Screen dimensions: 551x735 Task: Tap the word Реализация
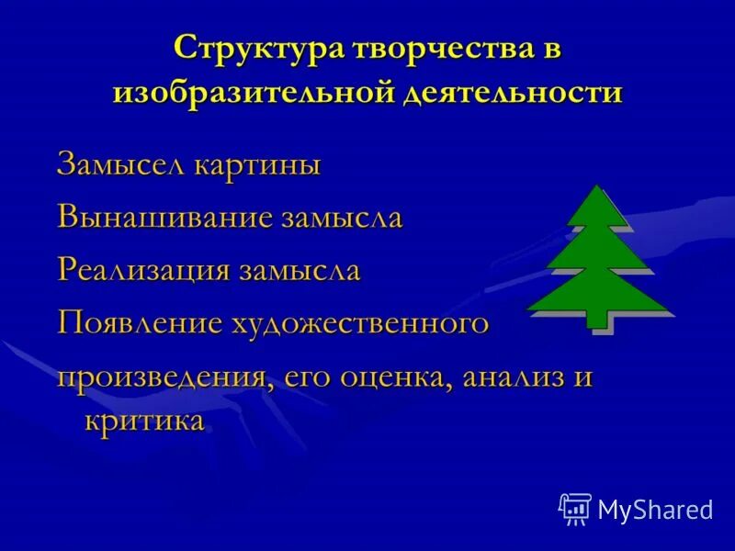coord(144,270)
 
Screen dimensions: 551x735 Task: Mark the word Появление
coord(140,322)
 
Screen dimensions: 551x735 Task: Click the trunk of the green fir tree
coord(598,318)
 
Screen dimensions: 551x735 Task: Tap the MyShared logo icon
coord(575,509)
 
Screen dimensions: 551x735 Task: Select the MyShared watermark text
coord(655,510)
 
